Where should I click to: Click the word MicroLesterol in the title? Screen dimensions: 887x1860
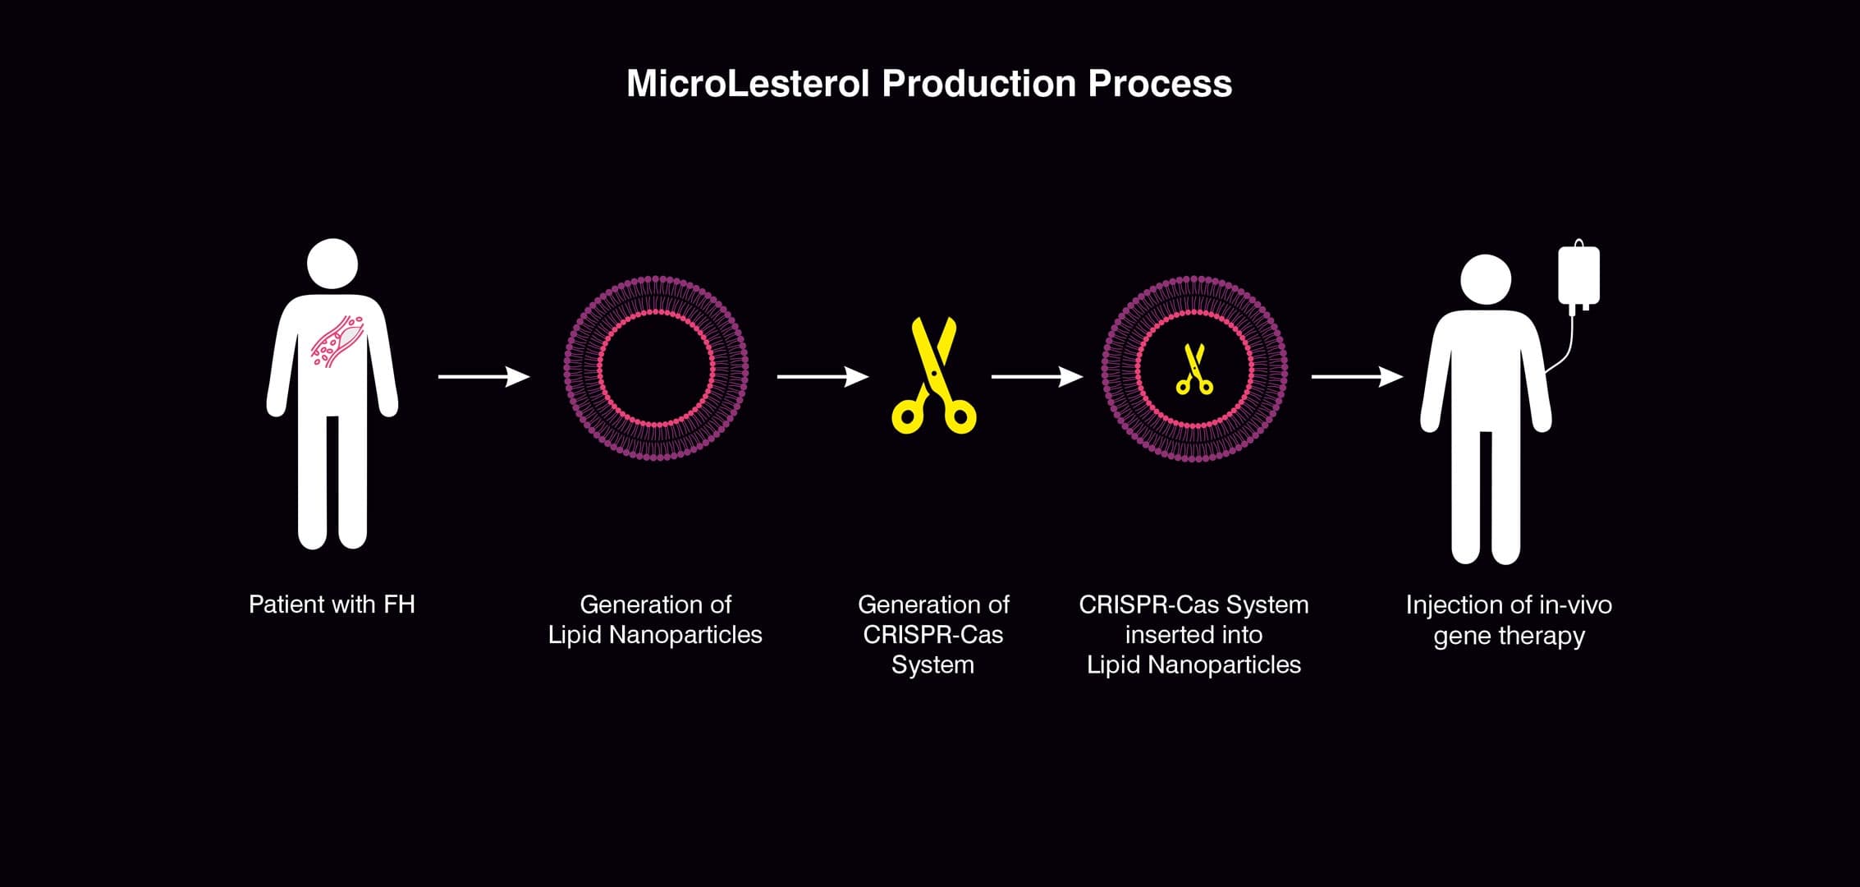747,84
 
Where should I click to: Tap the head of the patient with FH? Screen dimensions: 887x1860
332,264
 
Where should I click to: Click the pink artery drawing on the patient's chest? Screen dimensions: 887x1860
337,341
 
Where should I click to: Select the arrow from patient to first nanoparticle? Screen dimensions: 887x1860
483,377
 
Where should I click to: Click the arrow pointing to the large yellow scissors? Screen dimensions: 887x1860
822,377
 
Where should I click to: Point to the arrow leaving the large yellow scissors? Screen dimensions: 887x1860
1037,377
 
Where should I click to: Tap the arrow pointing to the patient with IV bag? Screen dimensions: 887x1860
1357,377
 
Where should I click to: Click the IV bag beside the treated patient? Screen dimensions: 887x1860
1578,276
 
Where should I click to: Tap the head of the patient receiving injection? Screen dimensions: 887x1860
1486,279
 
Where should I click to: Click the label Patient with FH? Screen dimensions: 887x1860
332,604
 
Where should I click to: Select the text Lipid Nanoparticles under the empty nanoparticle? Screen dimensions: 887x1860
655,635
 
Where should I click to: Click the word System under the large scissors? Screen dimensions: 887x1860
932,664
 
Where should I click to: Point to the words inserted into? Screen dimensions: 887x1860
1193,635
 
